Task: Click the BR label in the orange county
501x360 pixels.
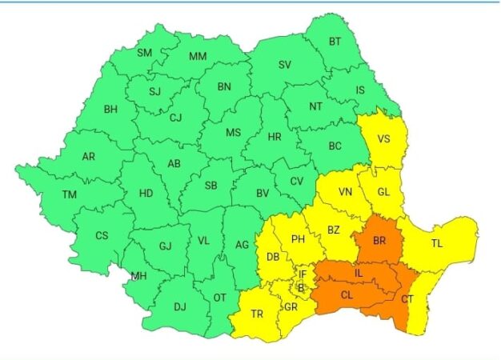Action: point(379,239)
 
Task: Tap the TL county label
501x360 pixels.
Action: point(437,243)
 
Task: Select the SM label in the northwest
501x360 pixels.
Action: point(144,54)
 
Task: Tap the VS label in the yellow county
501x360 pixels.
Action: point(384,138)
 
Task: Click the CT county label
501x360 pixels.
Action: point(408,298)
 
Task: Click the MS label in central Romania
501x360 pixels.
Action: point(233,133)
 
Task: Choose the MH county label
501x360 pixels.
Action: point(139,277)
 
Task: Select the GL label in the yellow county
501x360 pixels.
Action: point(384,192)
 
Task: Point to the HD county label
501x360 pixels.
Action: point(146,193)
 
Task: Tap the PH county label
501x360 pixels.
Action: point(299,239)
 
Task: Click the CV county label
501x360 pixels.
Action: point(297,181)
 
